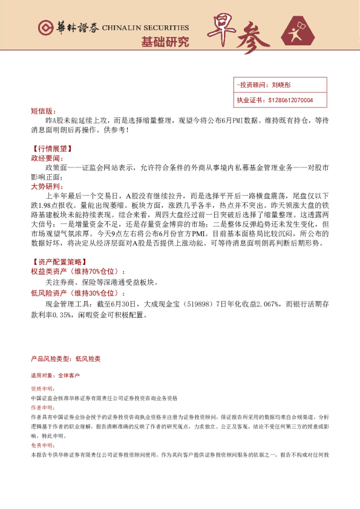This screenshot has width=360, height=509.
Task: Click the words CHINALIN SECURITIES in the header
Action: click(x=145, y=28)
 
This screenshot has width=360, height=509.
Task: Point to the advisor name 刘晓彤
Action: click(x=281, y=86)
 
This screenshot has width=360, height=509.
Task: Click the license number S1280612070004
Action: click(x=290, y=100)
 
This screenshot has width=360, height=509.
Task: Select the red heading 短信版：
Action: click(x=42, y=111)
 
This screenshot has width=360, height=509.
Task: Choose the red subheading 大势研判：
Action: click(x=46, y=187)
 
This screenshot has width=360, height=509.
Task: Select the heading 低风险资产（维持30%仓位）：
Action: click(x=79, y=293)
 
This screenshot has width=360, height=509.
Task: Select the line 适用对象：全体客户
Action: click(x=56, y=375)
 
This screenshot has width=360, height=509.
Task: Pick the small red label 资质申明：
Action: click(x=42, y=389)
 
